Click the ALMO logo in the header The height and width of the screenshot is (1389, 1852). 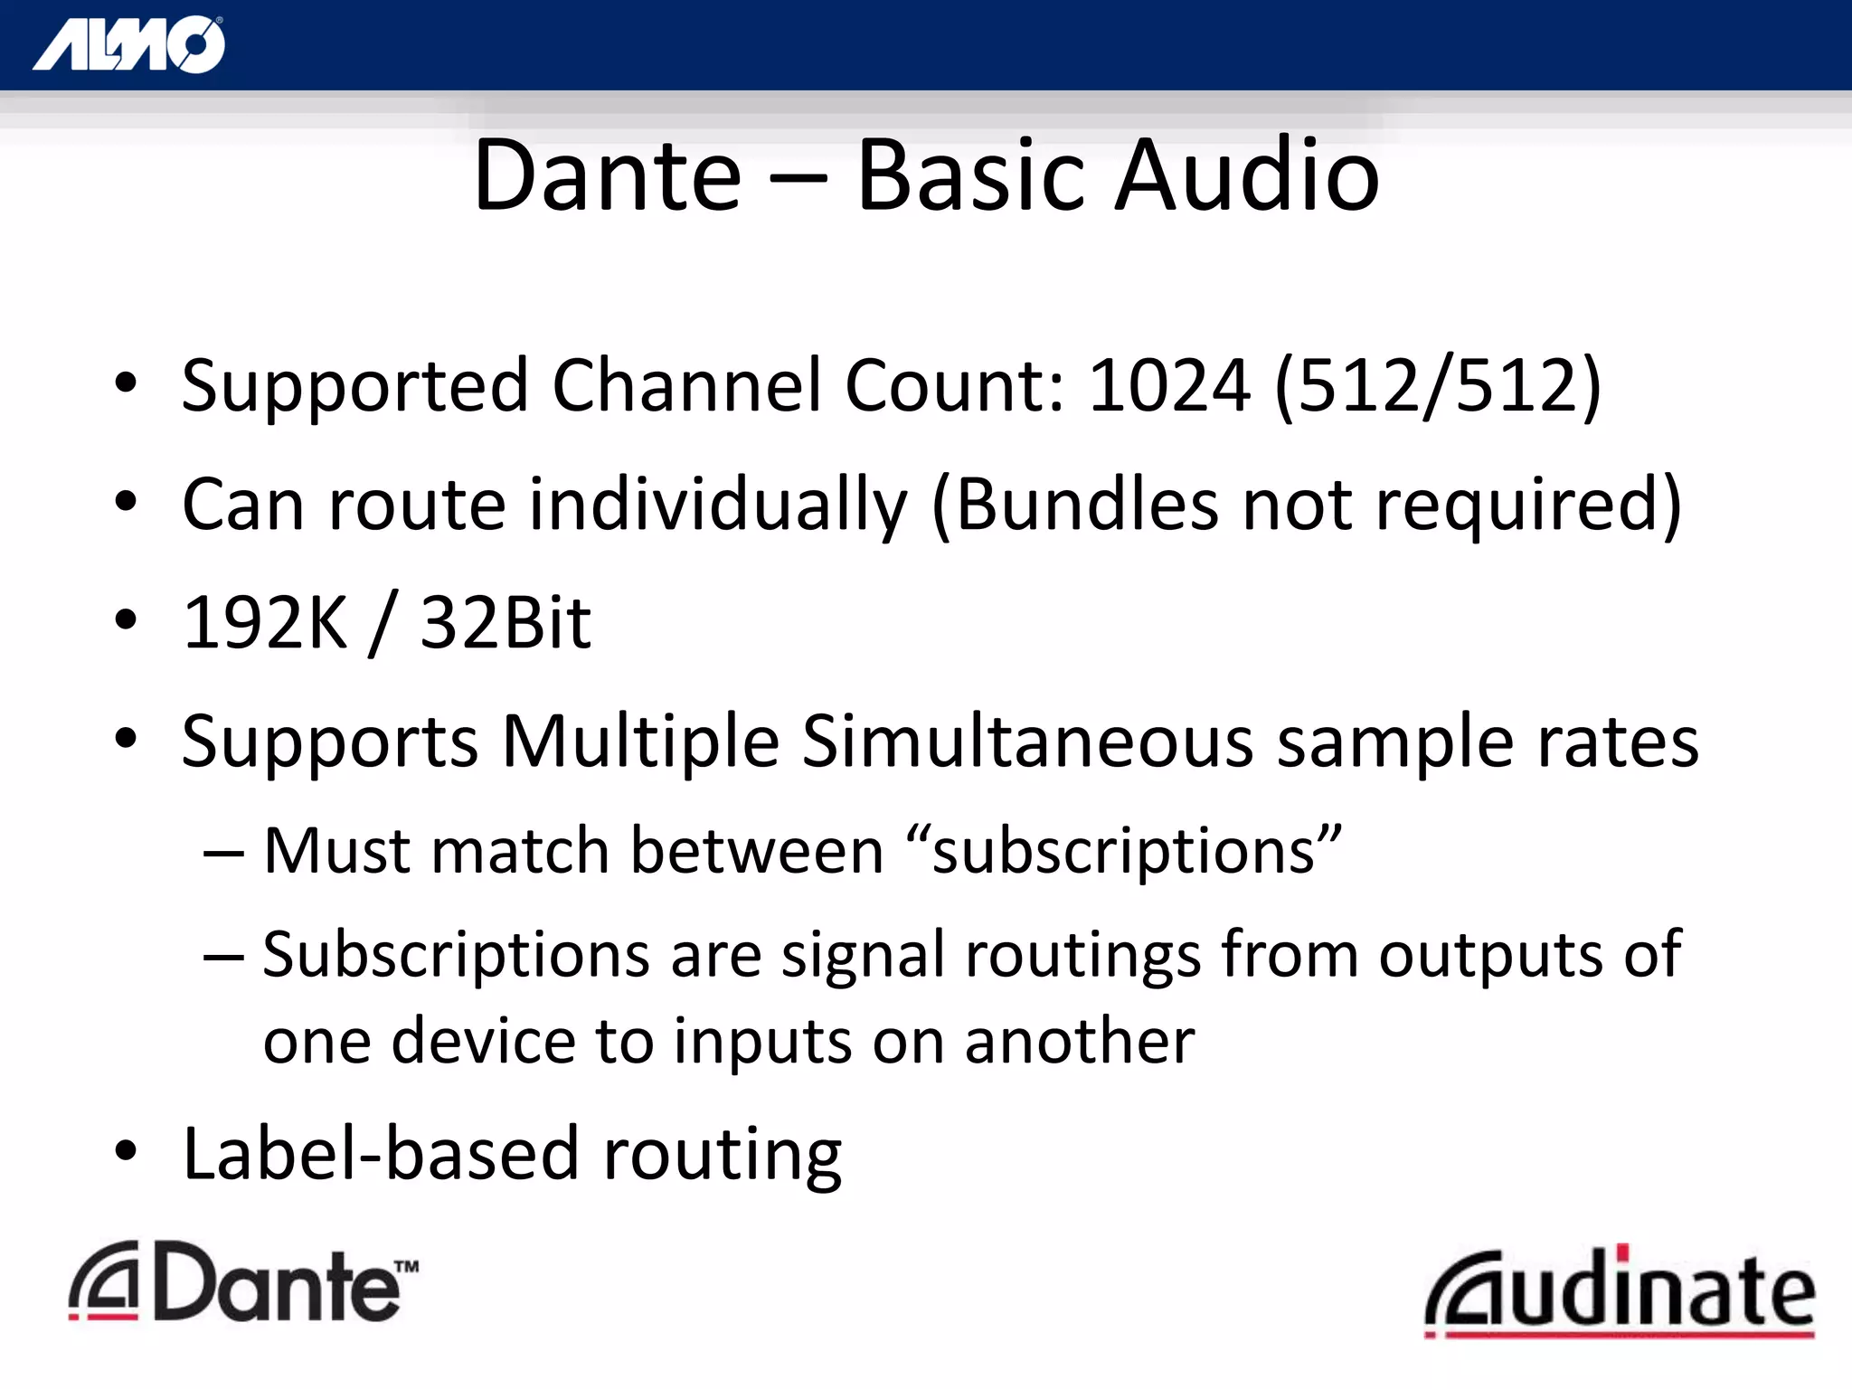coord(128,44)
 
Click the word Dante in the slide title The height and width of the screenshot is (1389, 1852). coord(607,175)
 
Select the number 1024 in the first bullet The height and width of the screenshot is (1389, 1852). coord(1169,386)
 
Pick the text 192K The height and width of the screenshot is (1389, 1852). coord(264,623)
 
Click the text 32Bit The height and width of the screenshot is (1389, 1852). coord(506,623)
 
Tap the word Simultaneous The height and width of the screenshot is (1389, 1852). coord(1027,742)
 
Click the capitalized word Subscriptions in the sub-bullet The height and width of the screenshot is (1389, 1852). coord(456,955)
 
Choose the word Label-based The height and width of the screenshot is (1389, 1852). coord(381,1155)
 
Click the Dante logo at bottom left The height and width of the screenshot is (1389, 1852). coord(242,1282)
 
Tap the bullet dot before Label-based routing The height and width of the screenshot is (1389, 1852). coord(126,1151)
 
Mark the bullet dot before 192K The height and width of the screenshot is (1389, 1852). coord(126,619)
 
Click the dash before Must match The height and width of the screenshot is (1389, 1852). coord(223,853)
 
